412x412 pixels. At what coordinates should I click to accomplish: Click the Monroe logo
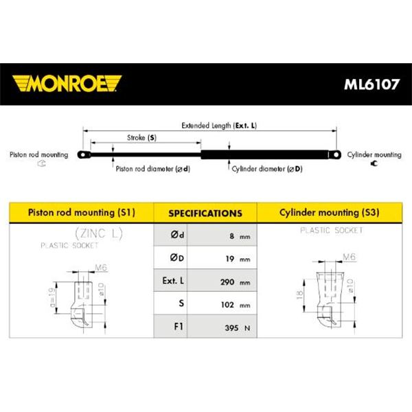point(67,84)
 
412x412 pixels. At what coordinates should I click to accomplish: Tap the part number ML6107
point(371,84)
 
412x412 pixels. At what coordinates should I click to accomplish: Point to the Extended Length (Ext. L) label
point(219,126)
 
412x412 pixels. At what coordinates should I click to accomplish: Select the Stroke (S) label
point(141,138)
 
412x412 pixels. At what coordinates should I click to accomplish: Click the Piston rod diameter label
point(153,169)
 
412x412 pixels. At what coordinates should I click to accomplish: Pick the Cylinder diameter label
point(267,169)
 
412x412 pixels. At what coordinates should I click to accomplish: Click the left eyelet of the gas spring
point(84,154)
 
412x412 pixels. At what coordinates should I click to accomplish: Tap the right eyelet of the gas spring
point(335,154)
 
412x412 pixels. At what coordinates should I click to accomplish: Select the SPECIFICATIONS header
point(205,213)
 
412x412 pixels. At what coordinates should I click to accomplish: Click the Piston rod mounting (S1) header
point(82,212)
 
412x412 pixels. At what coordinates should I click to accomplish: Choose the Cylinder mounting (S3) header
point(329,212)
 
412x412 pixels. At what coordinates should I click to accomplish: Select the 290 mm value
point(235,282)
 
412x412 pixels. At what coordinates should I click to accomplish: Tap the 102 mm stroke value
point(236,305)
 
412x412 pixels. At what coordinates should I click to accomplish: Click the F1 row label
point(179,326)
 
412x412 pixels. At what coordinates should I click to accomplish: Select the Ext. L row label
point(173,281)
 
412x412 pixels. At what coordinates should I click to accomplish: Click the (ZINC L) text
point(99,233)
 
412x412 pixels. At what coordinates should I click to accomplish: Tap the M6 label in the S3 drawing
point(350,256)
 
